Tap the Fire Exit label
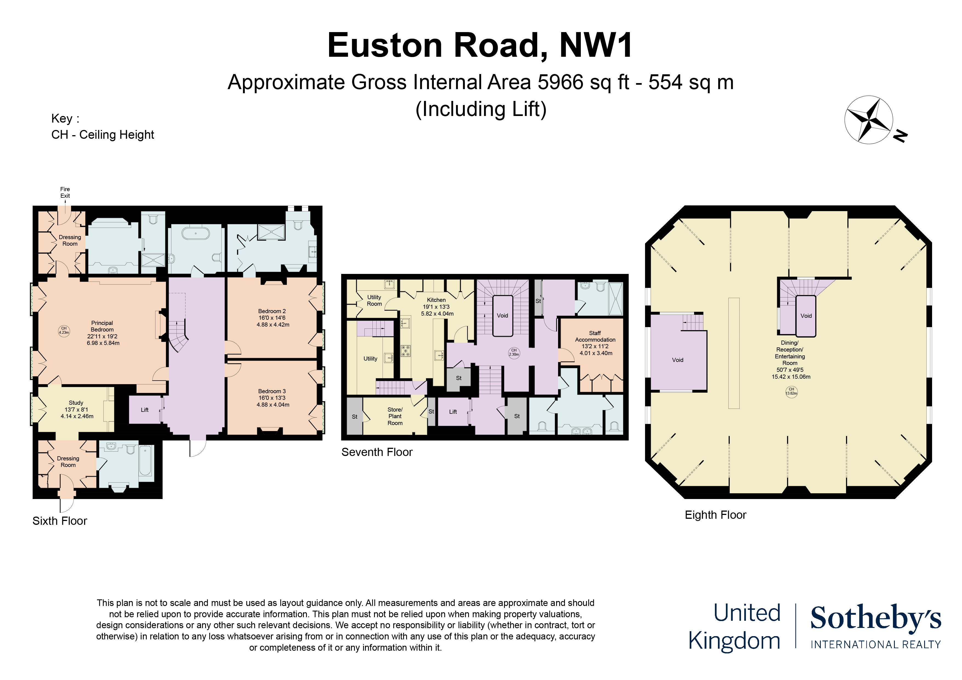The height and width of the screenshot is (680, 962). coord(65,192)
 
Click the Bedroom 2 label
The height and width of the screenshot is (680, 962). coord(272,318)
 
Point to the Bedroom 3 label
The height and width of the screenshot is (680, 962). coord(272,398)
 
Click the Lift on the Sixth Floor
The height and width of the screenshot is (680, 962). coord(145,410)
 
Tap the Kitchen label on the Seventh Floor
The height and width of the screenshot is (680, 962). coord(437,306)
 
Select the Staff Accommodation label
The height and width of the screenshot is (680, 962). coord(595,343)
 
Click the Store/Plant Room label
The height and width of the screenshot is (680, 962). coord(395,416)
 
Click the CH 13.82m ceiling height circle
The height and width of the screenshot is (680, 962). coord(791,391)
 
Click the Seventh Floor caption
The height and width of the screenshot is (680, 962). coord(377,452)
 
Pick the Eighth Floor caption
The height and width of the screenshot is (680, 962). coord(715,515)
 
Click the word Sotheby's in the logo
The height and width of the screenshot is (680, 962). coord(875,618)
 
